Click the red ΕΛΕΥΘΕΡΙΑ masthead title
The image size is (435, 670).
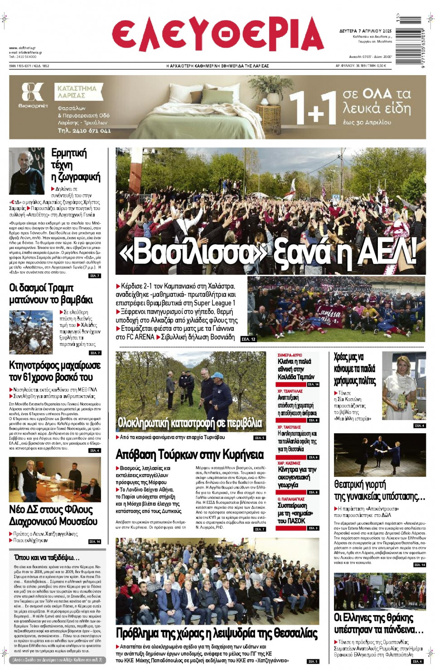(x=217, y=35)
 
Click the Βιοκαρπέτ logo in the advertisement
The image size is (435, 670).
(x=33, y=95)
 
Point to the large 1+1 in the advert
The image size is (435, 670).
(x=313, y=108)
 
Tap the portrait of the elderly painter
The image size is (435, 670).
(x=27, y=171)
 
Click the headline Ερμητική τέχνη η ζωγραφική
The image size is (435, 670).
(x=75, y=165)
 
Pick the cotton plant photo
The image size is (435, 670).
(x=31, y=332)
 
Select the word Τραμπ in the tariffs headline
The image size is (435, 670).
(x=60, y=288)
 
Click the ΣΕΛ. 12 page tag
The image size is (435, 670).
(x=248, y=339)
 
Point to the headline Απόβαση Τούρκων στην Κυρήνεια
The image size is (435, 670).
(x=189, y=454)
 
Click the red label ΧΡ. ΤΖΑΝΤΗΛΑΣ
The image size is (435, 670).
(x=290, y=391)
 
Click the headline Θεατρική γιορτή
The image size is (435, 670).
(x=360, y=484)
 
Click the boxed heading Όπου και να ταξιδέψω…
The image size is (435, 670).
(x=47, y=557)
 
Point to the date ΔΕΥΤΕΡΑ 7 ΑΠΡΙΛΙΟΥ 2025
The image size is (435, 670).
(x=365, y=31)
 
